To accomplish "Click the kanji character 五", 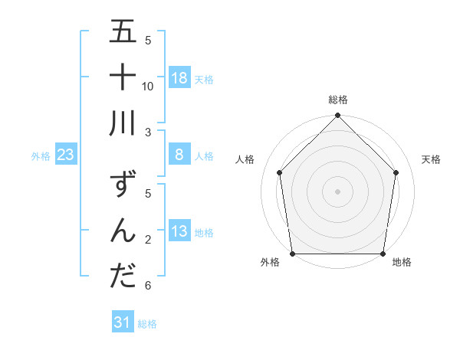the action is click(123, 32).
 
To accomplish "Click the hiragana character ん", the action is click(123, 231).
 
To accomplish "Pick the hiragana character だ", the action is click(123, 276).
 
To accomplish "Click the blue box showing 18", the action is click(179, 77).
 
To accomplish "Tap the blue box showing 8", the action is click(179, 155).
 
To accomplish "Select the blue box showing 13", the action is click(179, 231).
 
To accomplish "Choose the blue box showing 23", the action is click(66, 155).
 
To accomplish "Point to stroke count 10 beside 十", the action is click(148, 86).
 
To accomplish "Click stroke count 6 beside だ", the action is click(148, 286).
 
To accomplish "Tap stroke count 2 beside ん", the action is click(148, 240).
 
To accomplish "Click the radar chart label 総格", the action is click(338, 100).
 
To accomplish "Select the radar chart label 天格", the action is click(432, 159).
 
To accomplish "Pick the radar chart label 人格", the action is click(245, 159).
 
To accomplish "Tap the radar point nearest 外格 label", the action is click(293, 254).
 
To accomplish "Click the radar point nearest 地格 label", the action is click(383, 254).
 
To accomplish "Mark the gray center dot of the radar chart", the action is click(338, 191).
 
